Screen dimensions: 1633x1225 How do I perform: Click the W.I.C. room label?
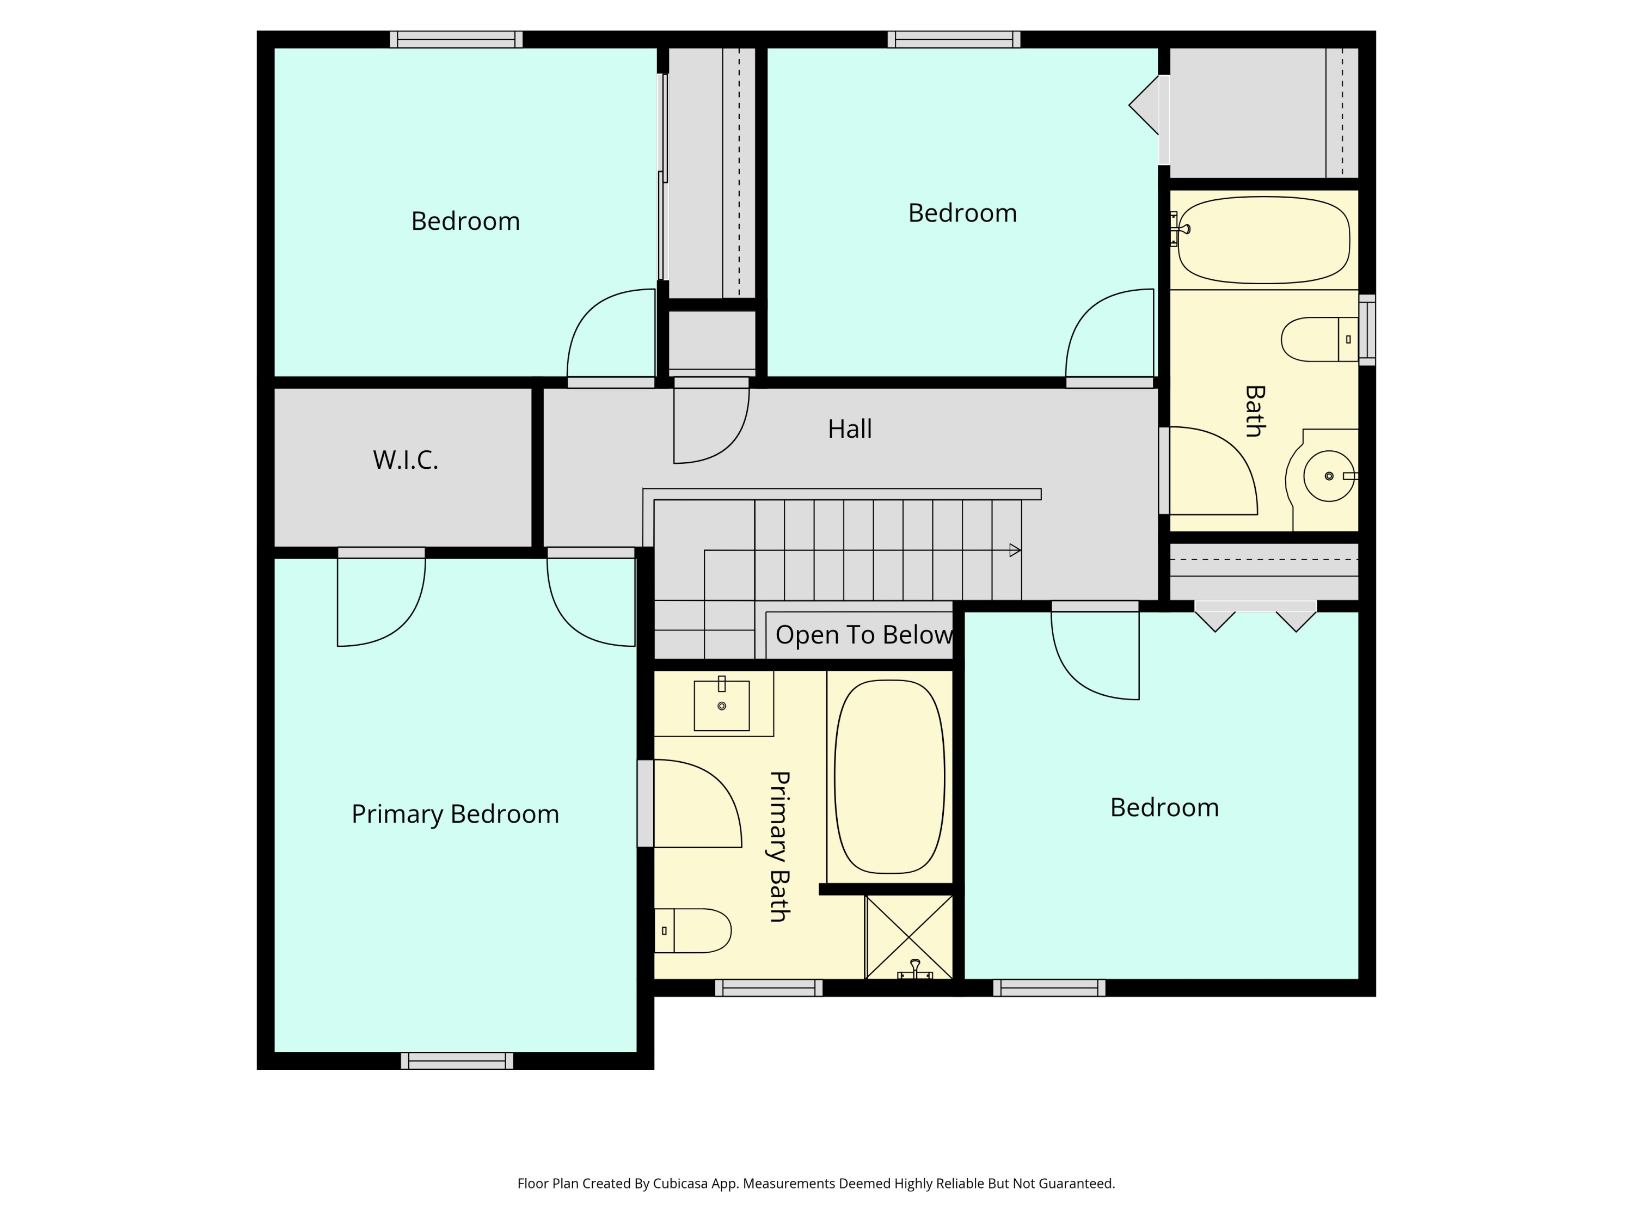(406, 460)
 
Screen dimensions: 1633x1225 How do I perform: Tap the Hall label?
(850, 429)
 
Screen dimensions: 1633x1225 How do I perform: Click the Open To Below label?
(864, 635)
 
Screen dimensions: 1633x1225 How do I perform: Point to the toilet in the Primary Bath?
(692, 930)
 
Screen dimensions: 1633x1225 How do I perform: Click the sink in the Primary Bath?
(721, 705)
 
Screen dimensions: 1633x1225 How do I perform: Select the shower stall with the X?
(909, 937)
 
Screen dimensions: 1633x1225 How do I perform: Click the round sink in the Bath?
(1328, 476)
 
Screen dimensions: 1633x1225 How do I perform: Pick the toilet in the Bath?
(1319, 340)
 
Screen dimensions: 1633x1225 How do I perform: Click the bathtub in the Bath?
(1264, 240)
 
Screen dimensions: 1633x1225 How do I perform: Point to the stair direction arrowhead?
(1015, 550)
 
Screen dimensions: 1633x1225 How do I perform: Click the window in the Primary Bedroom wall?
(457, 1061)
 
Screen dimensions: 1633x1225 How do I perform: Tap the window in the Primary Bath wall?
(769, 988)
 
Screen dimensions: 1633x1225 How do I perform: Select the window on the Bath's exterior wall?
(1367, 330)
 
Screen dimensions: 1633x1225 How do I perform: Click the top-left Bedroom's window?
(456, 39)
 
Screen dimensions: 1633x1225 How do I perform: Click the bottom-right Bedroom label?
(1164, 808)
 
